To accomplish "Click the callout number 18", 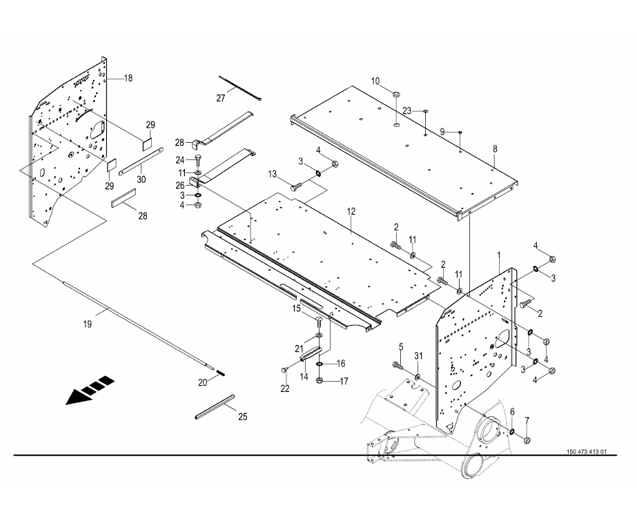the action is [x=128, y=78].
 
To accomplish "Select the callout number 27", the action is [x=221, y=98].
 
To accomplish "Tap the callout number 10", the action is [x=375, y=81].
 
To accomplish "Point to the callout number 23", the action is [x=407, y=110].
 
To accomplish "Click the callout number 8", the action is [x=495, y=149].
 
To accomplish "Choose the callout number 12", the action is [x=351, y=212].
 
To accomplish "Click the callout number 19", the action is [x=88, y=324].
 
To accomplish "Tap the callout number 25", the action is [x=242, y=417].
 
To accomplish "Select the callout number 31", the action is [x=418, y=356].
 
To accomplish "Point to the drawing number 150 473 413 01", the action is [x=586, y=451].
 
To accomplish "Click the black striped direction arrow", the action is [x=90, y=390].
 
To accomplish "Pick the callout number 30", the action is [x=141, y=179].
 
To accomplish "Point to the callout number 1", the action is [x=499, y=255].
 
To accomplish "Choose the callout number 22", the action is [x=285, y=389].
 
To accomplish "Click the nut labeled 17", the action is [x=320, y=381].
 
